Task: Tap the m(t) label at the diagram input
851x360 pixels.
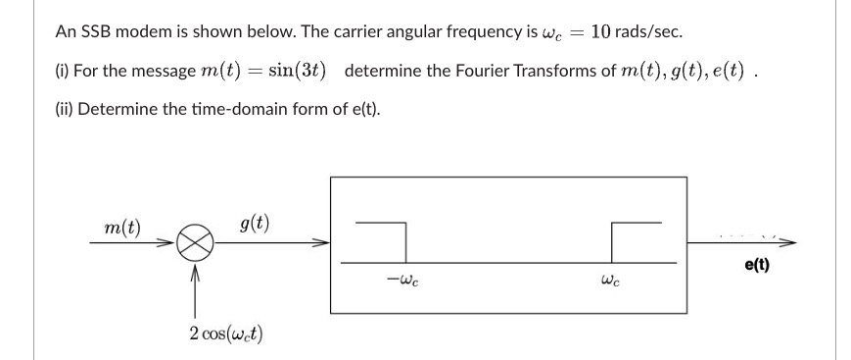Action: [x=122, y=229]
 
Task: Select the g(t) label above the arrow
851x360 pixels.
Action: [x=254, y=223]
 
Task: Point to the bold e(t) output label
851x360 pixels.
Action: [x=757, y=264]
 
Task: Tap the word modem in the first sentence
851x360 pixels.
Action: [x=145, y=31]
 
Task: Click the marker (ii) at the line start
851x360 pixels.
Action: [x=64, y=108]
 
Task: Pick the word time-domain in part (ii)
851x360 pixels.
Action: [x=213, y=108]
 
